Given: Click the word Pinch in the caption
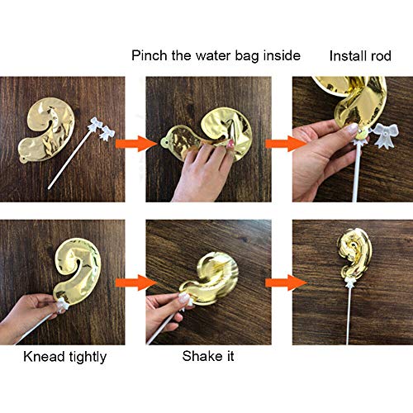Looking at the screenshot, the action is click(x=150, y=55).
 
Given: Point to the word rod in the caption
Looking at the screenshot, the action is click(x=381, y=55).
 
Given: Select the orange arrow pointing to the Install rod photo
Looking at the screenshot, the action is click(x=286, y=144).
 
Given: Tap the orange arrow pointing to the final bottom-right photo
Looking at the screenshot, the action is click(x=286, y=282).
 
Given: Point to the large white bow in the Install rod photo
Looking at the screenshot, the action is click(x=385, y=135).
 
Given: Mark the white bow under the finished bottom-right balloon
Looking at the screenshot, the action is click(x=350, y=282).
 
